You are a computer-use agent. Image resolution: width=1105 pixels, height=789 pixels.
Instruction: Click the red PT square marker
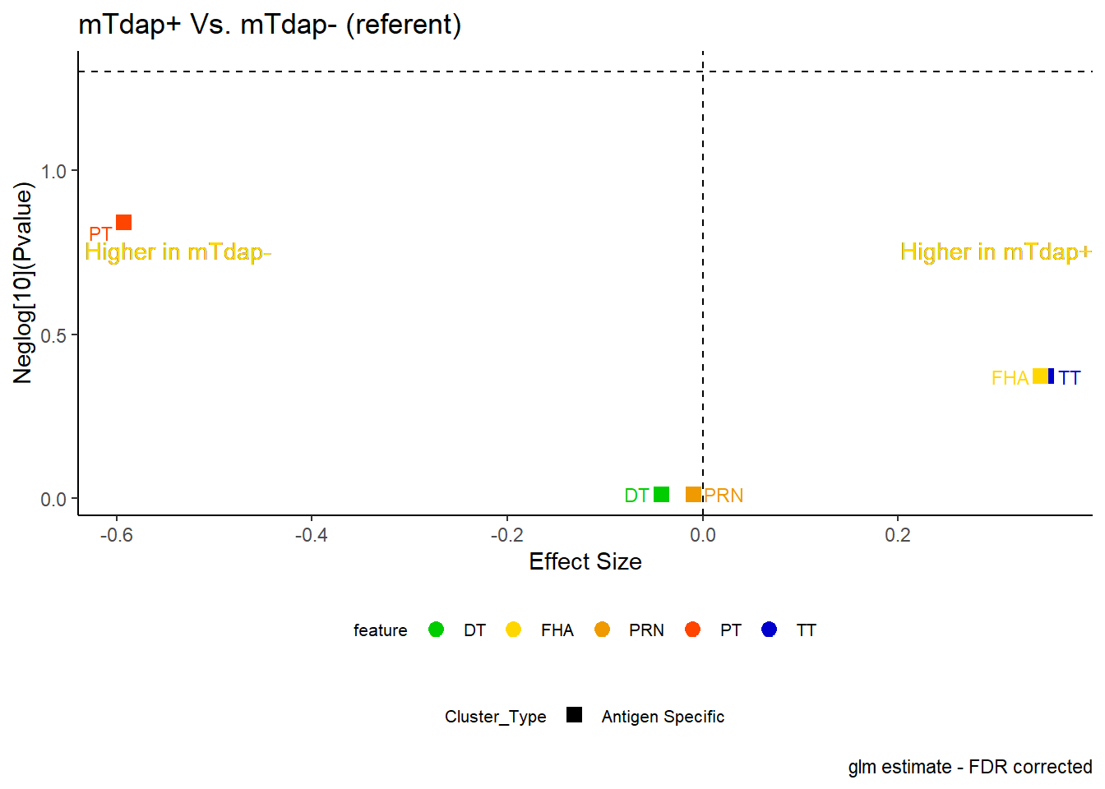point(124,223)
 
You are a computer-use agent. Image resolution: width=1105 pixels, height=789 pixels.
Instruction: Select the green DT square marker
point(662,494)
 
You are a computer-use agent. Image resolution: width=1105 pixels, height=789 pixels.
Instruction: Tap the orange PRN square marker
point(694,494)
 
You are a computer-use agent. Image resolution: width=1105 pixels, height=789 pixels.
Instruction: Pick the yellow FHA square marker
point(1040,376)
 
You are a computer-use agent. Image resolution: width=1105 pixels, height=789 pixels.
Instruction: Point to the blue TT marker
point(1052,376)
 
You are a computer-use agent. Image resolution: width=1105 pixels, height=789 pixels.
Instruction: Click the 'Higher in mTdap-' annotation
point(178,252)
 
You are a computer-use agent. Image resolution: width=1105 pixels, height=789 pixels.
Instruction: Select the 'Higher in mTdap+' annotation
point(996,252)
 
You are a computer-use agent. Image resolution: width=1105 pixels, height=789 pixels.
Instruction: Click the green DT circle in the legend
point(436,630)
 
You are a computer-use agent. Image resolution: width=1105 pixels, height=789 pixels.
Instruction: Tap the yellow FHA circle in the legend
point(514,630)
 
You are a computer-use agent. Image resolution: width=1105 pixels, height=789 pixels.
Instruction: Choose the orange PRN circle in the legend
point(603,630)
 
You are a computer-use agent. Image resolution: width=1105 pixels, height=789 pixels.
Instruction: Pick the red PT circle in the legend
point(692,630)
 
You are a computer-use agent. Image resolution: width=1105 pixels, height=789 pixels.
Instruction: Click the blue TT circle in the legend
point(769,630)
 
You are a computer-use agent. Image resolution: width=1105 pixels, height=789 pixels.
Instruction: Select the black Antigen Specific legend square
point(574,714)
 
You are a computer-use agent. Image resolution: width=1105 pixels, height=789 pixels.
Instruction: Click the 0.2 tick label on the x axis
point(898,535)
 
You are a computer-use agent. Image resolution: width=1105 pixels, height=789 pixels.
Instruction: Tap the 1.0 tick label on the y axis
point(53,172)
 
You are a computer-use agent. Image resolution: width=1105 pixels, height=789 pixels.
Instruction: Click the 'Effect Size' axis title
point(585,561)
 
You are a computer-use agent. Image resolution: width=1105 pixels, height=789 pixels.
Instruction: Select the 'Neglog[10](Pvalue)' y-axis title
point(23,283)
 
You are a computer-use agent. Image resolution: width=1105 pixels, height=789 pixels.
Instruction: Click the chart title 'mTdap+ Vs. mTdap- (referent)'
point(270,25)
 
